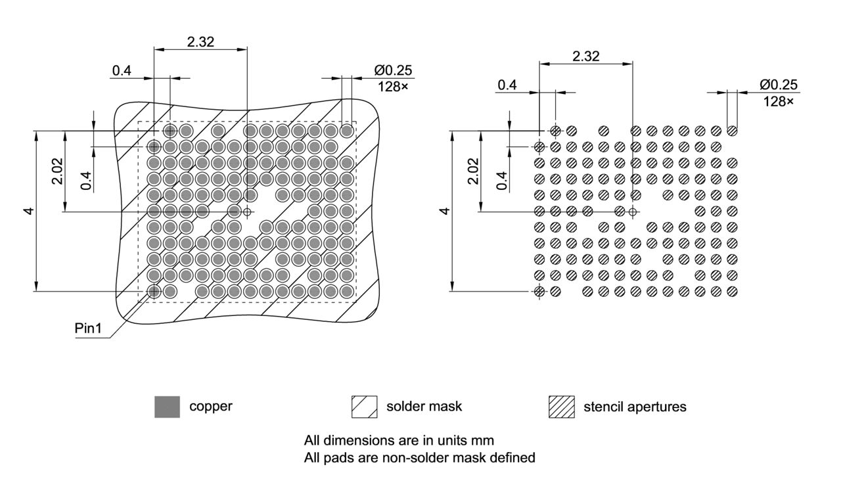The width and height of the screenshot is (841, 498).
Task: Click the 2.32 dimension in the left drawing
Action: click(x=200, y=41)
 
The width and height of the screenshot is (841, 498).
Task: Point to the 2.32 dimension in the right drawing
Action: click(x=585, y=56)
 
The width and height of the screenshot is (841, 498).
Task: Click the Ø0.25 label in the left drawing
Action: click(x=394, y=70)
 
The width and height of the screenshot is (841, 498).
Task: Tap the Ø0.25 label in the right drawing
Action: click(x=779, y=85)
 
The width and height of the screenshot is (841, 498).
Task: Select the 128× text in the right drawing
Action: click(x=779, y=101)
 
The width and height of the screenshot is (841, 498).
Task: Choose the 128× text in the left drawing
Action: click(x=394, y=86)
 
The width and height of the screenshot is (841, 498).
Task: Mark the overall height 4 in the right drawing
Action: click(x=444, y=211)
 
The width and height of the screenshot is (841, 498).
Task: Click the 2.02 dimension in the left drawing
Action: click(x=58, y=171)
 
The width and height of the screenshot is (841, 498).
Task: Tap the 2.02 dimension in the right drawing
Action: click(x=472, y=171)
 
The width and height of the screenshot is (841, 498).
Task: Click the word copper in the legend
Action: click(x=210, y=406)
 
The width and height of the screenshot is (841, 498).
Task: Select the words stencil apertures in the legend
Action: click(x=635, y=407)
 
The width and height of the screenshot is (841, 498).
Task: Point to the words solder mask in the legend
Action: click(x=424, y=406)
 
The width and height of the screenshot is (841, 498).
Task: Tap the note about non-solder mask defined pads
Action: click(x=419, y=457)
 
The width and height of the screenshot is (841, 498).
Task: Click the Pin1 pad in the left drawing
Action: click(x=154, y=291)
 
